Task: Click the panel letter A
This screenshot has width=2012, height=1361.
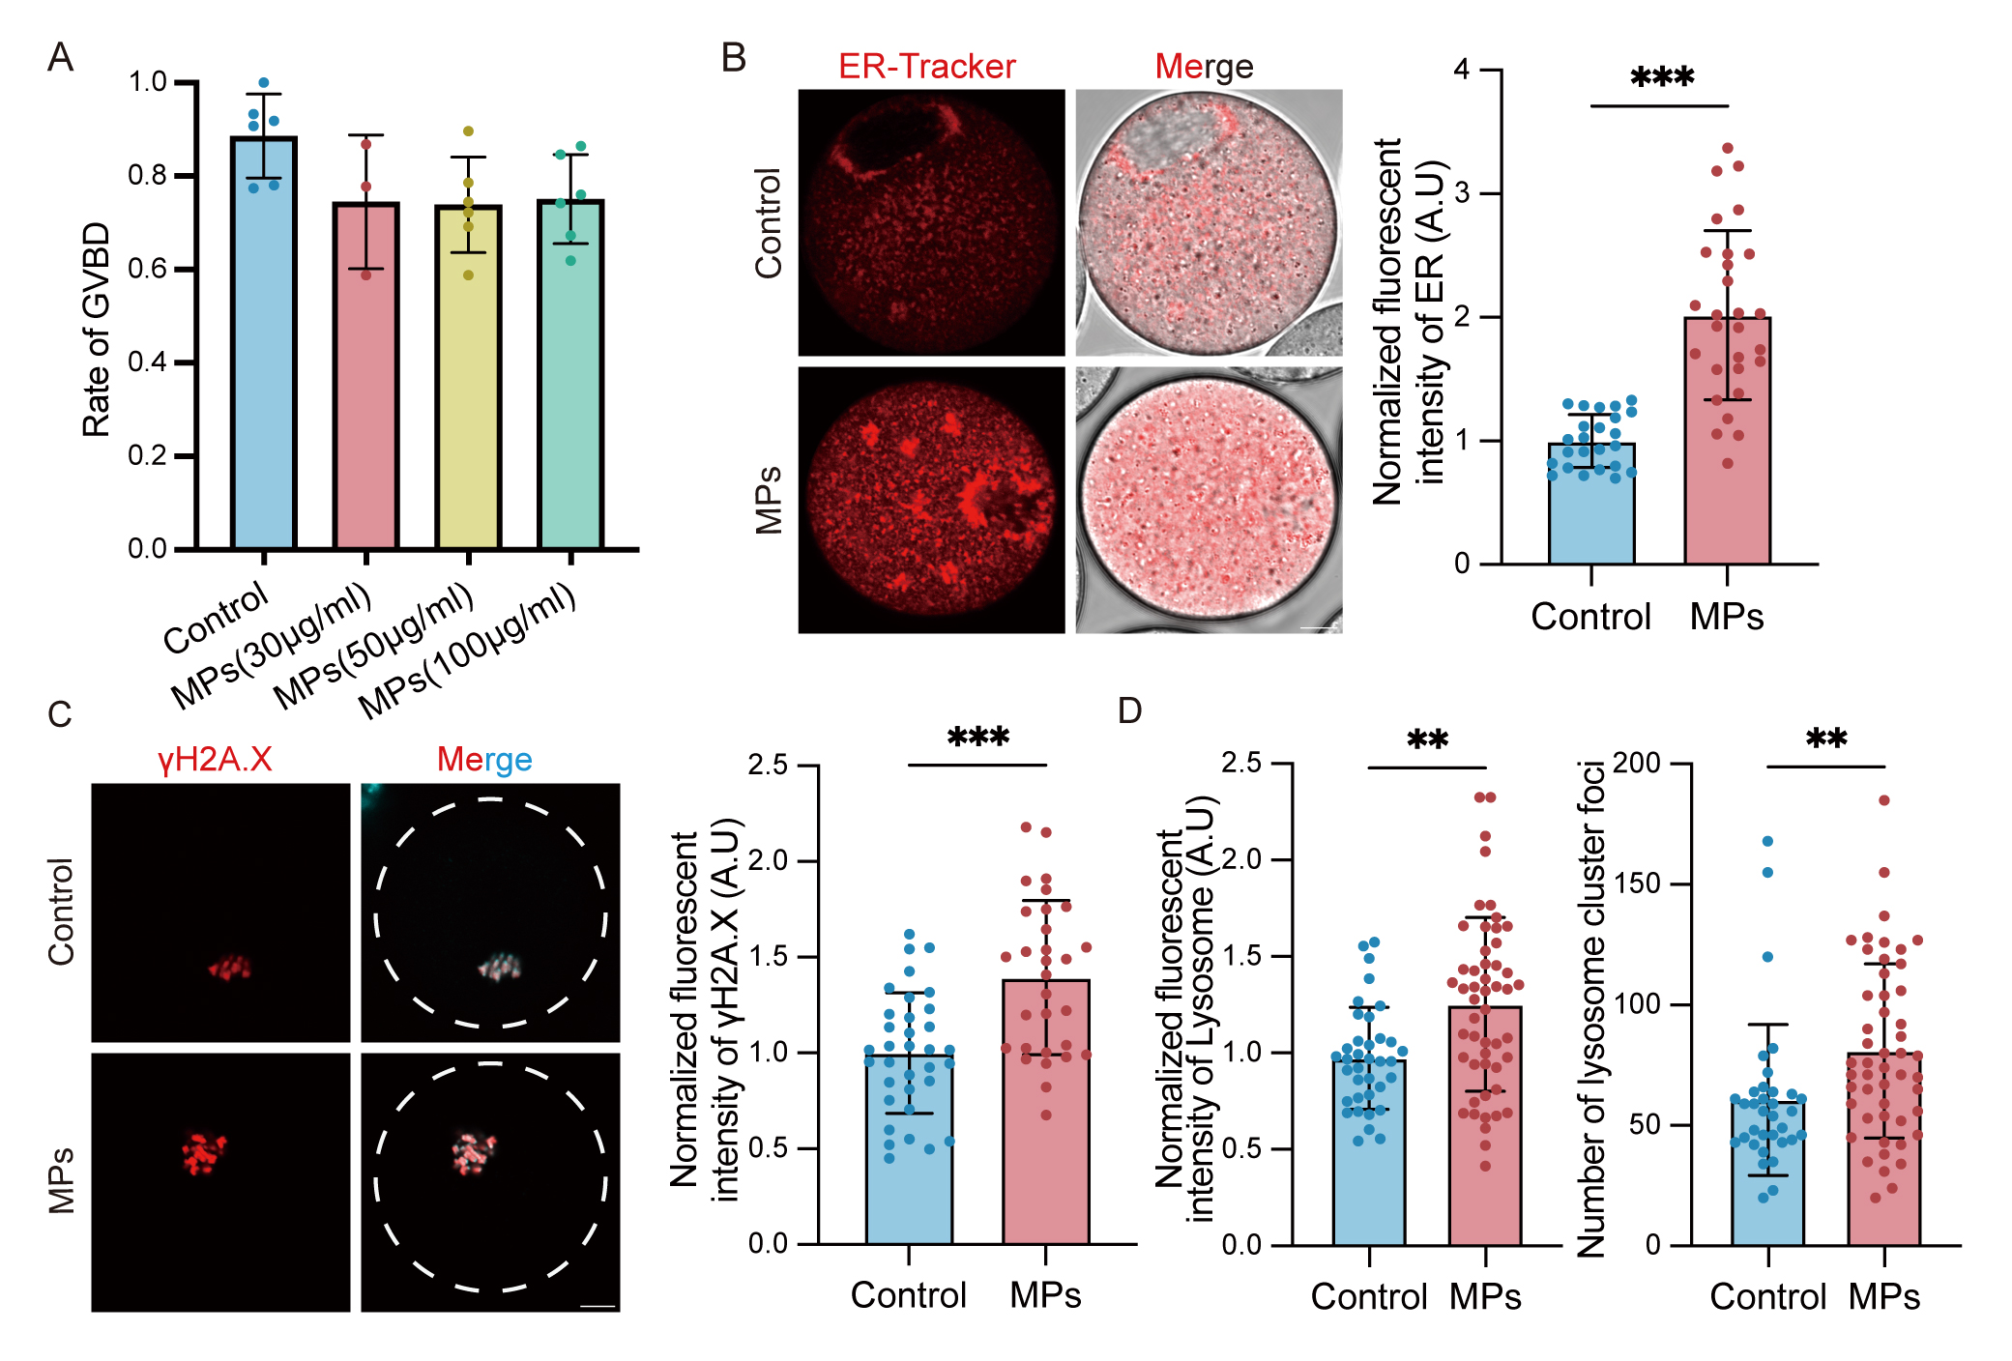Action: click(60, 58)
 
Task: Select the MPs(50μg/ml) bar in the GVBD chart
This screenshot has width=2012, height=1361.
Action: click(468, 377)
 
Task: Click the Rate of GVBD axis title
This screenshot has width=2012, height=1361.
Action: click(97, 330)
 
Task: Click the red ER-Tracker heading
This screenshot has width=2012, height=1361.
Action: click(926, 67)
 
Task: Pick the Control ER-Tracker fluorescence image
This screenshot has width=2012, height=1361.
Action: click(931, 222)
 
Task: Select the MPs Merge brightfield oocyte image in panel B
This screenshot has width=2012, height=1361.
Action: click(1209, 500)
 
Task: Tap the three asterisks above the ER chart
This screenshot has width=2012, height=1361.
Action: click(1661, 77)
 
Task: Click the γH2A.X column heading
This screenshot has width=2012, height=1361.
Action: click(215, 760)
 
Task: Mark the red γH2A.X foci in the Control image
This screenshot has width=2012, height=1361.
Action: click(230, 967)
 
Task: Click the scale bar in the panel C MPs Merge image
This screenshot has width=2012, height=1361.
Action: click(598, 1307)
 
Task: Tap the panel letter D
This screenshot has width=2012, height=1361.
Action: click(1129, 711)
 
